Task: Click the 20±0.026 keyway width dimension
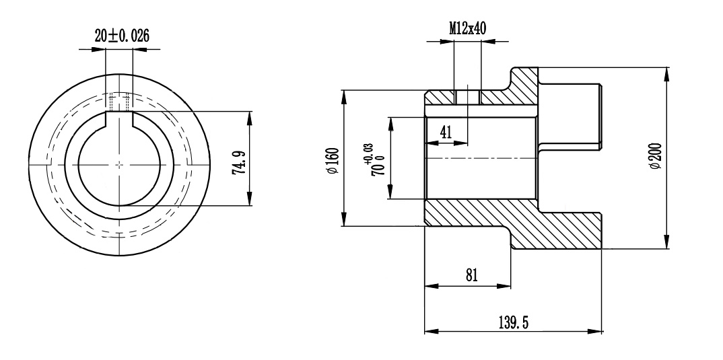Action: (121, 36)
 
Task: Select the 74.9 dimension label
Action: (238, 161)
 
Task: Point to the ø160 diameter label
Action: (333, 161)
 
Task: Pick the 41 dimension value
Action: (445, 133)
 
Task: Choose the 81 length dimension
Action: (471, 275)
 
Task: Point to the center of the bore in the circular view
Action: (119, 164)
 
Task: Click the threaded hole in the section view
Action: (467, 97)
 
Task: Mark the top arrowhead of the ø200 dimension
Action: (666, 71)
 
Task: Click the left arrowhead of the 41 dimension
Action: (429, 143)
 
